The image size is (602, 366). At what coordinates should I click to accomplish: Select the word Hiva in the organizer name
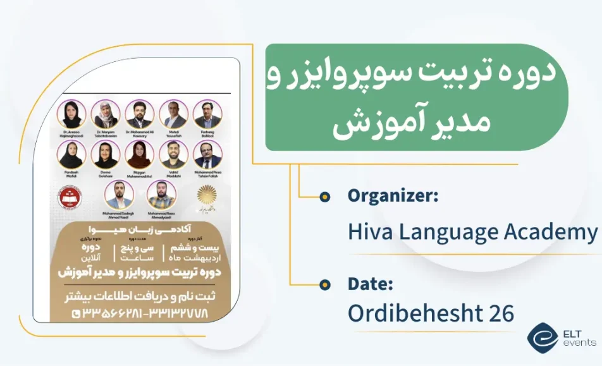click(x=369, y=232)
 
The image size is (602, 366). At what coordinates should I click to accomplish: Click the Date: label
click(x=371, y=284)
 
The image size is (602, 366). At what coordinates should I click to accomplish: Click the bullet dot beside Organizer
click(x=325, y=197)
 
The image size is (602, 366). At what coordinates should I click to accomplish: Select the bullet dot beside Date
click(x=325, y=284)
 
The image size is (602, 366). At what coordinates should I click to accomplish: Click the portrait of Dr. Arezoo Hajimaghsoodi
click(x=71, y=114)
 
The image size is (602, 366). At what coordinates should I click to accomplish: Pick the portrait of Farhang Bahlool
click(x=207, y=114)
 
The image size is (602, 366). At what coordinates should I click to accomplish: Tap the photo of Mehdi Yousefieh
click(x=173, y=114)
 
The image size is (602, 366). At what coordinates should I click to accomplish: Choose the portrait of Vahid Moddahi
click(x=173, y=154)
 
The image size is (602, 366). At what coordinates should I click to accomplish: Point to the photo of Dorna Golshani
click(x=105, y=154)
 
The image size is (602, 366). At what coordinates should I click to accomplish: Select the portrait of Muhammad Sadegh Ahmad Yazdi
click(x=119, y=195)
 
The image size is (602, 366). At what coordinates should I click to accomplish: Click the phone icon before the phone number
click(x=77, y=312)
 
